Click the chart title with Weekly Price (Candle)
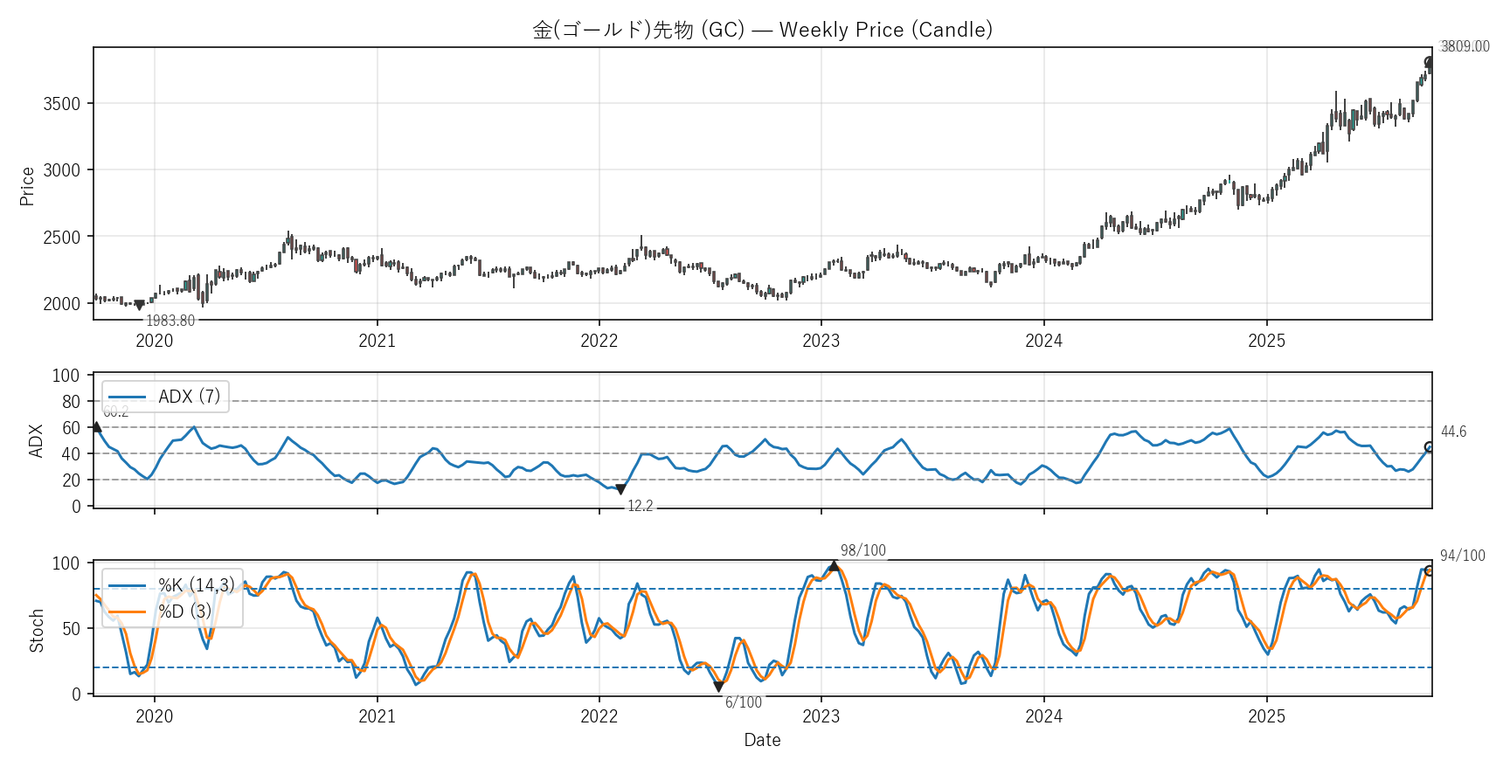pyautogui.click(x=762, y=30)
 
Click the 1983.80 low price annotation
pyautogui.click(x=170, y=321)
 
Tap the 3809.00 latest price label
pyautogui.click(x=1465, y=46)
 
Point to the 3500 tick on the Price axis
pyautogui.click(x=61, y=104)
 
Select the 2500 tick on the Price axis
pyautogui.click(x=61, y=237)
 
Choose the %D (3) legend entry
pyautogui.click(x=184, y=612)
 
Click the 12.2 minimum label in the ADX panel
pyautogui.click(x=640, y=506)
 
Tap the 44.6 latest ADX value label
pyautogui.click(x=1453, y=432)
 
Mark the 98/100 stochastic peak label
pyautogui.click(x=862, y=550)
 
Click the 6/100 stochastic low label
pyautogui.click(x=743, y=702)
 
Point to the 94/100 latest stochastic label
pyautogui.click(x=1462, y=556)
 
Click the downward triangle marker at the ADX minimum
pyautogui.click(x=620, y=490)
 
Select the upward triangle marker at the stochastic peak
pyautogui.click(x=834, y=566)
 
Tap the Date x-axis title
pyautogui.click(x=762, y=740)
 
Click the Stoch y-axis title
pyautogui.click(x=37, y=630)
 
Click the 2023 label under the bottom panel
pyautogui.click(x=821, y=716)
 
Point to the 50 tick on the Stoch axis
pyautogui.click(x=70, y=628)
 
